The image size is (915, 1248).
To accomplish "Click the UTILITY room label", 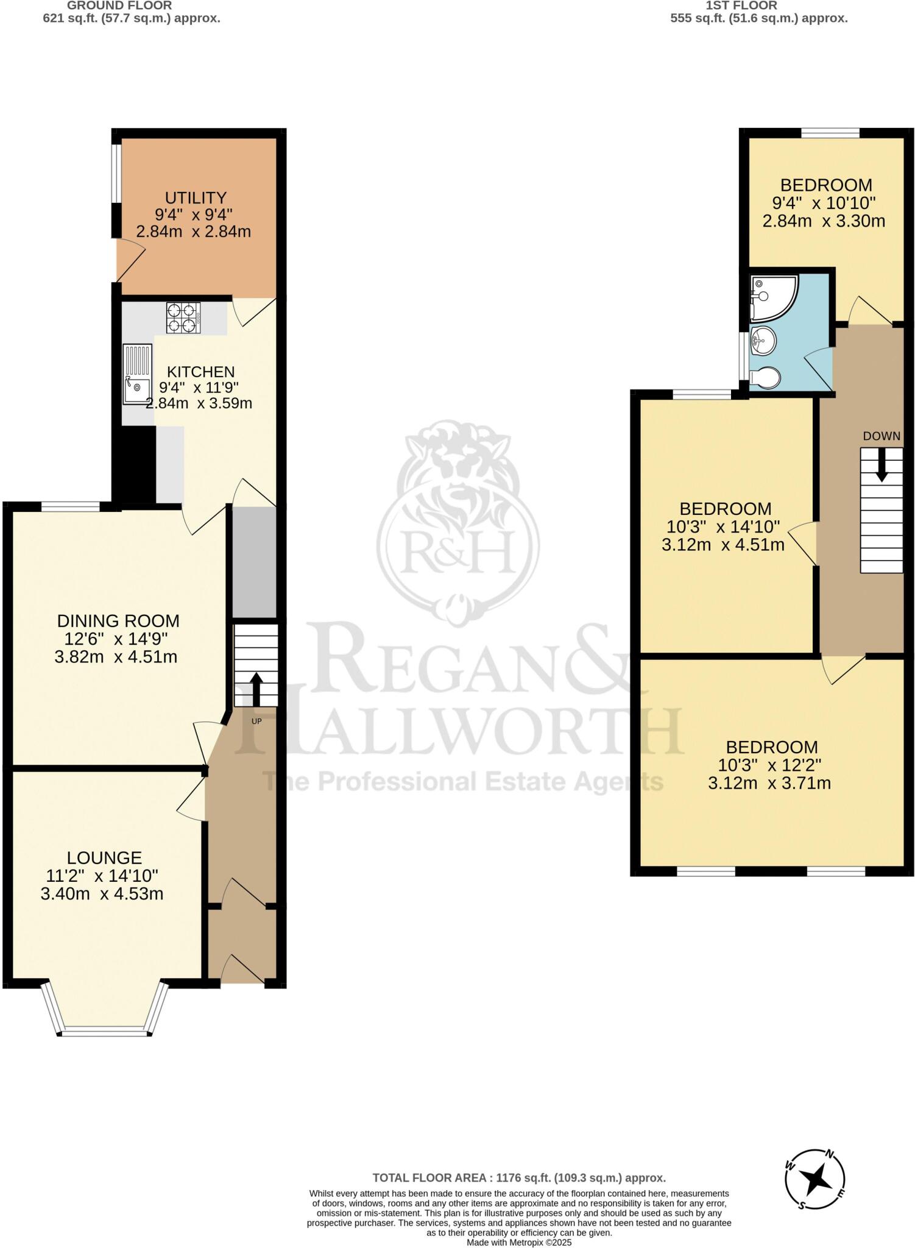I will [196, 198].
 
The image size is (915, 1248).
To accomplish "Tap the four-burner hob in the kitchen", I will [183, 317].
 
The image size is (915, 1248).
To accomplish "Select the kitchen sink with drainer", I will [137, 374].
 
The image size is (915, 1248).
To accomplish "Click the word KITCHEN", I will [201, 372].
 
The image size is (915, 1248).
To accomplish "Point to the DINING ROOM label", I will [118, 621].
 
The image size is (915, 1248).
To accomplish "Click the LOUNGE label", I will [104, 858].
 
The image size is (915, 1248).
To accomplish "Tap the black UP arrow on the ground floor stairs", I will [256, 689].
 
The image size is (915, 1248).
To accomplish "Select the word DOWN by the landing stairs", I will [881, 436].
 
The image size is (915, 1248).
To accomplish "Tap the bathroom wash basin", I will [763, 339].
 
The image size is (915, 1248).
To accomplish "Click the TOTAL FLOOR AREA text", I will [519, 1178].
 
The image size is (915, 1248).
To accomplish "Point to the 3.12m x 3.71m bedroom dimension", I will [769, 783].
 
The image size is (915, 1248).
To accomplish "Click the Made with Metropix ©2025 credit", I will [519, 1242].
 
